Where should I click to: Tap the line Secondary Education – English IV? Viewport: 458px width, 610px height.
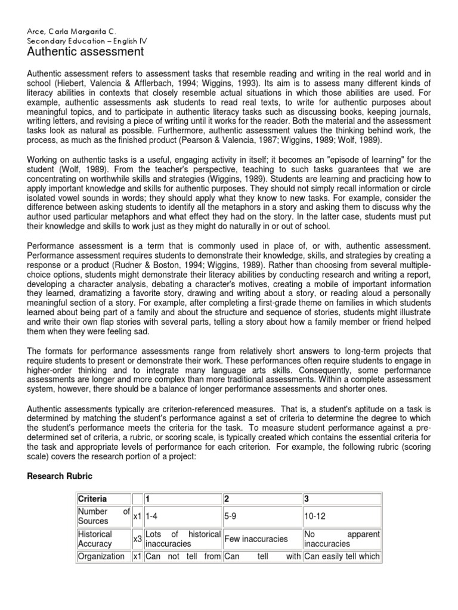pos(86,41)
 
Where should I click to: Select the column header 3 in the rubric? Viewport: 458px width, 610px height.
pos(307,499)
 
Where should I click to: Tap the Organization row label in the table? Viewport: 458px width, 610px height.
pos(101,557)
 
